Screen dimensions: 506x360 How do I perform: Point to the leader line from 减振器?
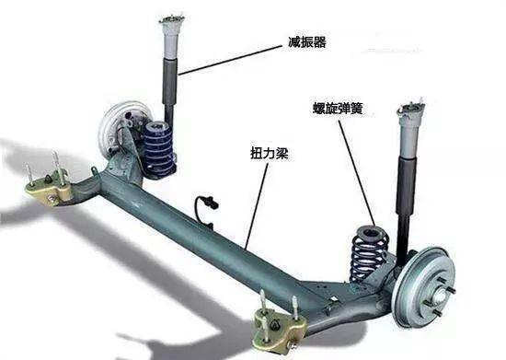(x=230, y=57)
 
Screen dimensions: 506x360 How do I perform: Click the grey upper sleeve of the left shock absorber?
(x=169, y=41)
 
